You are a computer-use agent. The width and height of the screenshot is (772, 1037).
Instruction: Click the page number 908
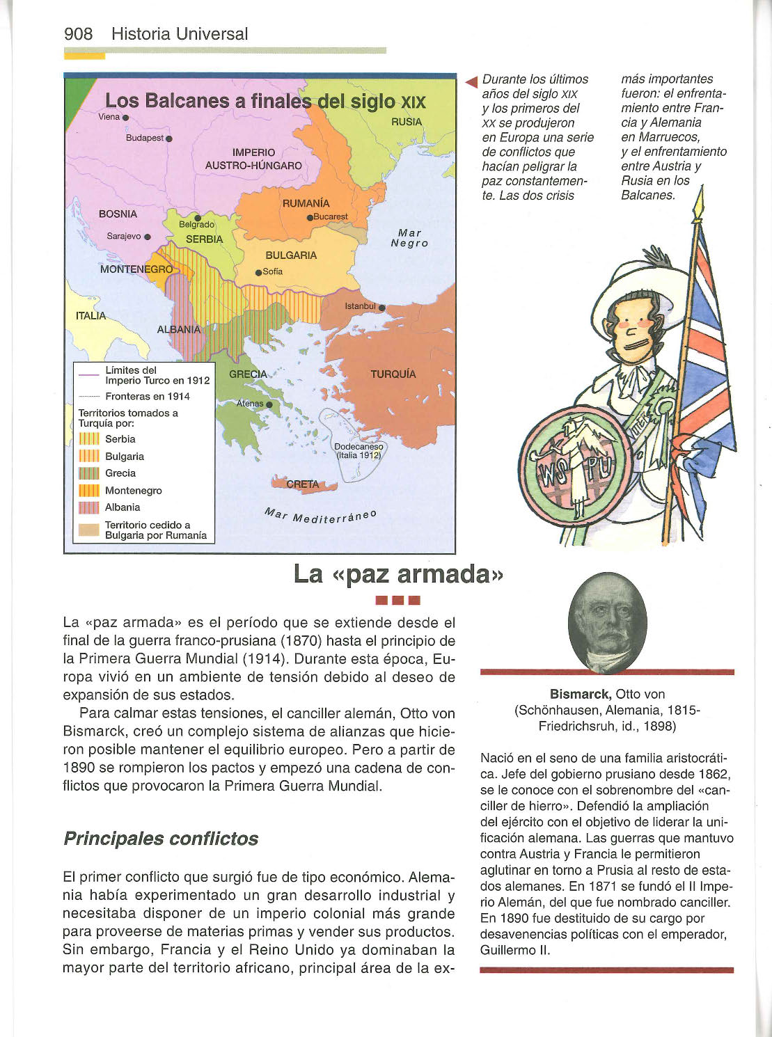tap(78, 33)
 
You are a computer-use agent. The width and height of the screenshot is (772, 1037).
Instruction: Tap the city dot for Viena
tap(125, 118)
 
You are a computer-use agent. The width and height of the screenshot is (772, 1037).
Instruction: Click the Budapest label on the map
tap(144, 138)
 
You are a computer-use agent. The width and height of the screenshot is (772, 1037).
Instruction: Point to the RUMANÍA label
tap(306, 203)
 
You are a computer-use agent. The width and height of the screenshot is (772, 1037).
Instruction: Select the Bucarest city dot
tap(310, 217)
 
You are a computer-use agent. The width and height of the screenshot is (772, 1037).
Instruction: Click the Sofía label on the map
tap(272, 271)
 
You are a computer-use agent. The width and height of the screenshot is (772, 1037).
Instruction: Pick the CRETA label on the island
tap(302, 484)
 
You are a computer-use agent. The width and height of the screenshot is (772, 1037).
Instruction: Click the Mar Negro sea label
tap(409, 238)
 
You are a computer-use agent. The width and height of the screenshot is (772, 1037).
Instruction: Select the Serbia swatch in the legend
tap(89, 438)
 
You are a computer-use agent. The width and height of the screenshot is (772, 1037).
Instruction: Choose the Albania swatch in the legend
tap(89, 507)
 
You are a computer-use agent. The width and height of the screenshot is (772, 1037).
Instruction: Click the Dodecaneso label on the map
tap(358, 447)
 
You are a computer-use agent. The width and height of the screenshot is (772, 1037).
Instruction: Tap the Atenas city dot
tap(269, 404)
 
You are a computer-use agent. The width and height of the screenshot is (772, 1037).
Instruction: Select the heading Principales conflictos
tap(161, 838)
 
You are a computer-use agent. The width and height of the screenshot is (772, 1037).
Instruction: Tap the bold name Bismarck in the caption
tap(581, 694)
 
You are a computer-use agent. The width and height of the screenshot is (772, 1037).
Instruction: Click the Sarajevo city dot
tap(148, 237)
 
